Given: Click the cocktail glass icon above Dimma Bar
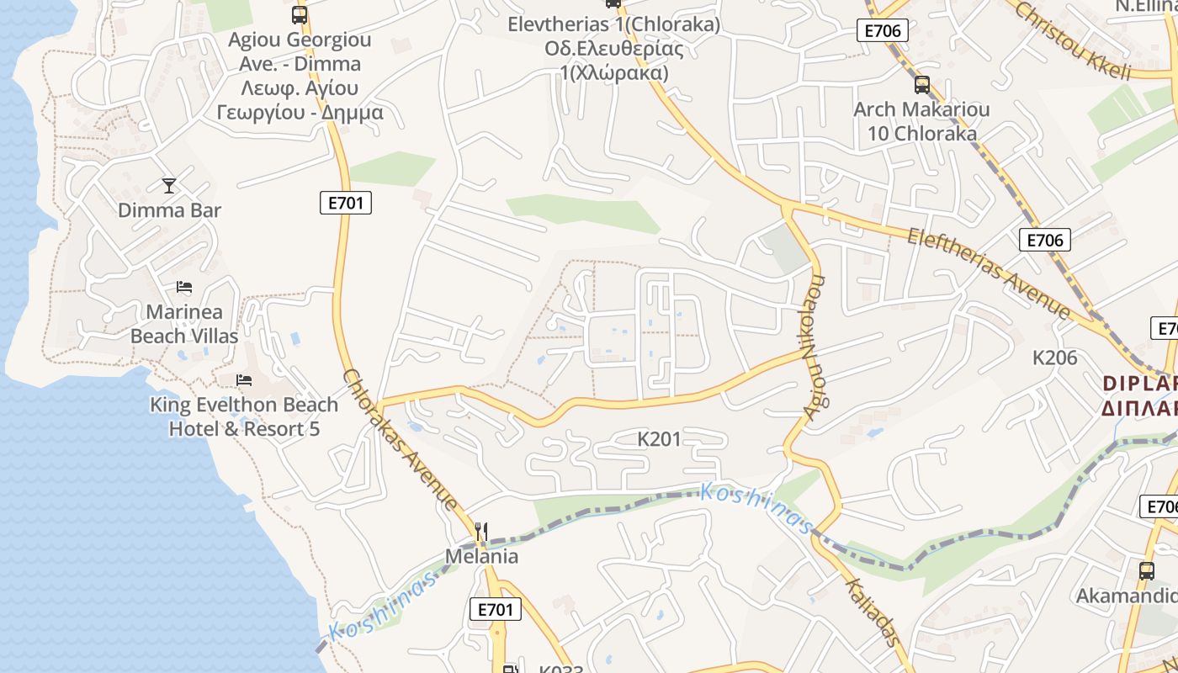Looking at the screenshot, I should (169, 185).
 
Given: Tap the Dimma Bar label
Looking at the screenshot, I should (169, 210).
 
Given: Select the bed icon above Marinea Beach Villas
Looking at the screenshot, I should (184, 288).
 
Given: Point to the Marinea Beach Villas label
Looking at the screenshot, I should (184, 324).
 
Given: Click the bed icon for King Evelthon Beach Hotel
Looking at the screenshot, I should (244, 380).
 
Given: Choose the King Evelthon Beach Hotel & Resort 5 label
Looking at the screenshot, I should (244, 416).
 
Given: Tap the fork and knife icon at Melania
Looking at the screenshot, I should (481, 531).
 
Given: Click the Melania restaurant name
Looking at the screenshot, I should (481, 556).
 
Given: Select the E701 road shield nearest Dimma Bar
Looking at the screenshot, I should (346, 203).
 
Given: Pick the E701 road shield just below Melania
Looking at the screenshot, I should (494, 609).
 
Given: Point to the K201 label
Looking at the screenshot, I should (659, 438).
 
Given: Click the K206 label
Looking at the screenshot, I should (1054, 358).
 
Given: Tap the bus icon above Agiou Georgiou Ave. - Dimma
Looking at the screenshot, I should (300, 14).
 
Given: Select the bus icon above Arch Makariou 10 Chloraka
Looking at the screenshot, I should (922, 84).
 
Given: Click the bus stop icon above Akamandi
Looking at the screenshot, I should (1146, 570).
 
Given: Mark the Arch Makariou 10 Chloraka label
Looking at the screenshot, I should (921, 121).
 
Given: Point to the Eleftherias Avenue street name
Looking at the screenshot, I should (988, 273).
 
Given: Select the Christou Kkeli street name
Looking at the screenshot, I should (1073, 40).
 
